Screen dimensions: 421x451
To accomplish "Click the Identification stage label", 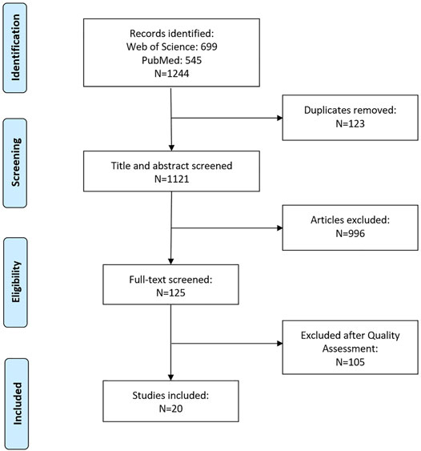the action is pos(15,48).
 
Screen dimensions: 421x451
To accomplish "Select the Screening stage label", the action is pos(16,163).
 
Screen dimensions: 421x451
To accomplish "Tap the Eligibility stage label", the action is pos(16,282).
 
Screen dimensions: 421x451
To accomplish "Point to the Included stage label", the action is pos(18,404).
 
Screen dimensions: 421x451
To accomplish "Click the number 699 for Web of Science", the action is pos(209,46).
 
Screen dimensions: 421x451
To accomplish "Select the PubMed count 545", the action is pos(194,60).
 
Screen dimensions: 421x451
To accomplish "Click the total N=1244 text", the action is pos(172,74).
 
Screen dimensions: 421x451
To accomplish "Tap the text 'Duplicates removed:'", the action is pos(350,111).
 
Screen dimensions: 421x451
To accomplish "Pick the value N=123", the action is pos(350,123).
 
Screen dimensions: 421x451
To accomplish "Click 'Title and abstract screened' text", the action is pos(171,166).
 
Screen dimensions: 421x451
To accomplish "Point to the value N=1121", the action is pos(172,179).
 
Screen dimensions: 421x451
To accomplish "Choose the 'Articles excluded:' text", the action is pos(350,220).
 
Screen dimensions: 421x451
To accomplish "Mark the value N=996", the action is pos(350,233).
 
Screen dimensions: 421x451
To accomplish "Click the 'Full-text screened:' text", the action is pos(170,280).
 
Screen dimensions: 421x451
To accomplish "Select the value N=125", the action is pos(170,293).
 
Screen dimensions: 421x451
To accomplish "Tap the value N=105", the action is pos(350,362).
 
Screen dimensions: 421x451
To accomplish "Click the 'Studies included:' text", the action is pos(170,396).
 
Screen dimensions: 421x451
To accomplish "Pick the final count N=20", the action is pos(170,409).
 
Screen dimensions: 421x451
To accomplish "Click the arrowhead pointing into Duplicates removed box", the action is pos(279,118).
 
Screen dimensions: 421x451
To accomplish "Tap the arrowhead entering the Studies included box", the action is pos(170,377).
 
